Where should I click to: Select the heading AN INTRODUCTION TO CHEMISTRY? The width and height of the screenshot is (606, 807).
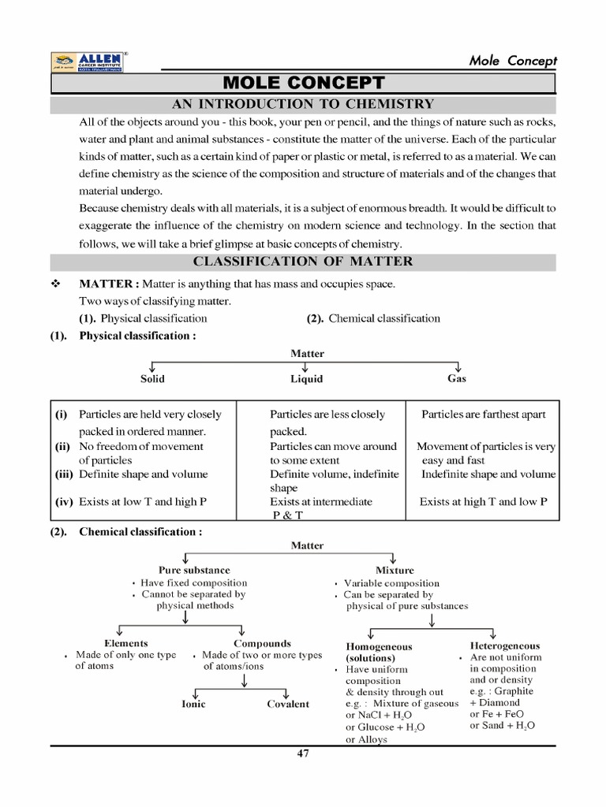(303, 104)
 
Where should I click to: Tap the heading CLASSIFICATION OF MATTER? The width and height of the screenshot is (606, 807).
(303, 262)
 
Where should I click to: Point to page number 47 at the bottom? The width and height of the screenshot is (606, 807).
(303, 753)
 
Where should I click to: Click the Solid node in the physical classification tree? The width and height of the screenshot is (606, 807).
(152, 379)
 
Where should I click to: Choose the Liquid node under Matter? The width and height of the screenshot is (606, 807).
(306, 379)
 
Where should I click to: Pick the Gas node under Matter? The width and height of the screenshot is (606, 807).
(457, 378)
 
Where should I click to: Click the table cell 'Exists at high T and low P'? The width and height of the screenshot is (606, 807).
(483, 501)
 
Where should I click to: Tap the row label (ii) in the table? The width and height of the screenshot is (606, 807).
(62, 446)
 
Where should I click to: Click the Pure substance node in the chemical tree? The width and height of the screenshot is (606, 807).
(194, 570)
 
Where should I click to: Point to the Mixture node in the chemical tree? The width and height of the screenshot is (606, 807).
(395, 570)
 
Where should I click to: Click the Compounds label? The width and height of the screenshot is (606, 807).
(262, 643)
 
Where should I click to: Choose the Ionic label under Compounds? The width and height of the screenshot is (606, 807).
(193, 704)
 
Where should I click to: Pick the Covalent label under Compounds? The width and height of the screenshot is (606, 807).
(288, 704)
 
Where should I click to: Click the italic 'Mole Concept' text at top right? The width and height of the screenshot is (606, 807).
(513, 61)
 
